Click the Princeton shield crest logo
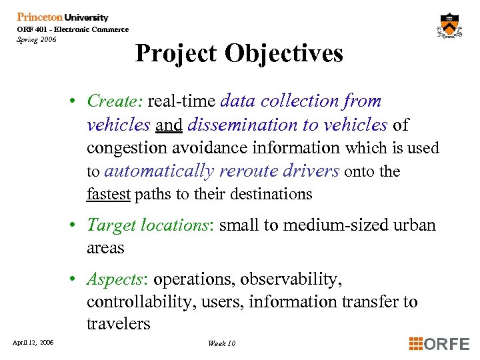click(x=451, y=27)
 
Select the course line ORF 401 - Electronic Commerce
click(x=73, y=29)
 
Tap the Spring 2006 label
click(x=37, y=39)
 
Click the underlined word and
click(x=169, y=125)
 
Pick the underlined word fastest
click(x=109, y=194)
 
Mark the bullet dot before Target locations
click(x=79, y=225)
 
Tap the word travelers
click(x=118, y=324)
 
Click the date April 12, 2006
click(x=33, y=343)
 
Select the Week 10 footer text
click(x=221, y=343)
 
